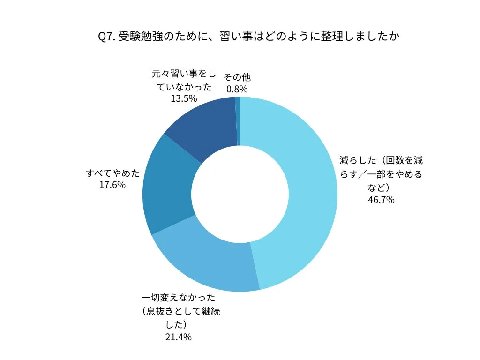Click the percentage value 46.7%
coord(381,200)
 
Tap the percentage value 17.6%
coord(112,185)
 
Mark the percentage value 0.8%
coord(237,89)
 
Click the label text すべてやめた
coord(113,173)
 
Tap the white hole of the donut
coord(240,194)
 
